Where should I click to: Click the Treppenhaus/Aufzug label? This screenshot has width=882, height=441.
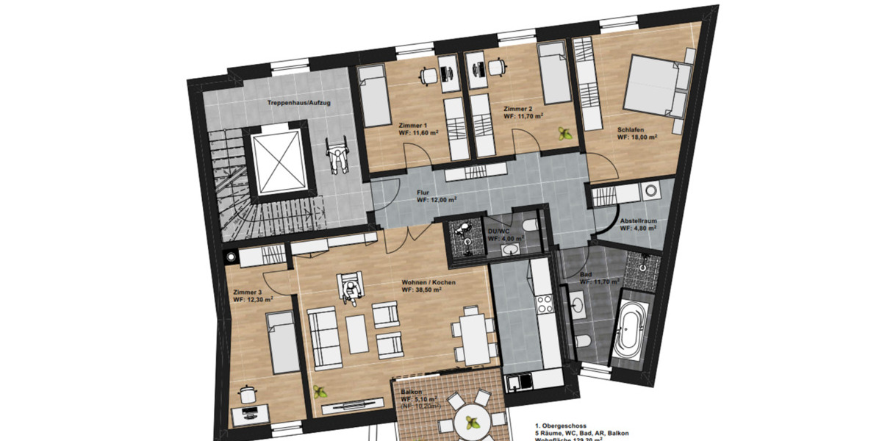298,103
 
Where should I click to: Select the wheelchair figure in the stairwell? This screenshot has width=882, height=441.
337,158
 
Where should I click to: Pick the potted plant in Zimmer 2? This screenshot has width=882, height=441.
564,134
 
